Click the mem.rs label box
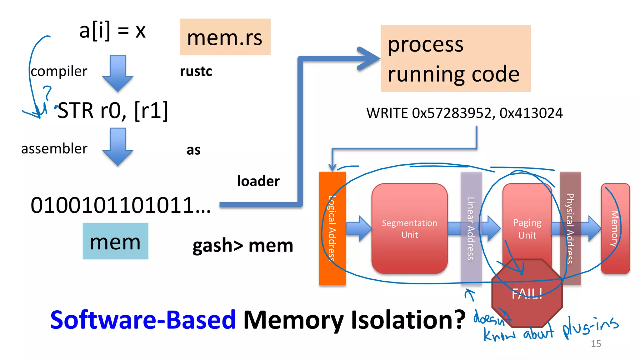pos(225,37)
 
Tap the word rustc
pos(196,71)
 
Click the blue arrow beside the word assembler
pos(117,146)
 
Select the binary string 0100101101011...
pos(120,205)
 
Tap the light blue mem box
pos(115,241)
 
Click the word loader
pos(258,181)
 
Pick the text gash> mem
pos(243,246)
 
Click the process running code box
pos(455,59)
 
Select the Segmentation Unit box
pos(409,229)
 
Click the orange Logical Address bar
pos(332,228)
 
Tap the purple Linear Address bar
pos(471,228)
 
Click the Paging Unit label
pos(527,229)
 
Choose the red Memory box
pos(615,228)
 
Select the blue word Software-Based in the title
pos(142,320)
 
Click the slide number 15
pos(596,344)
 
